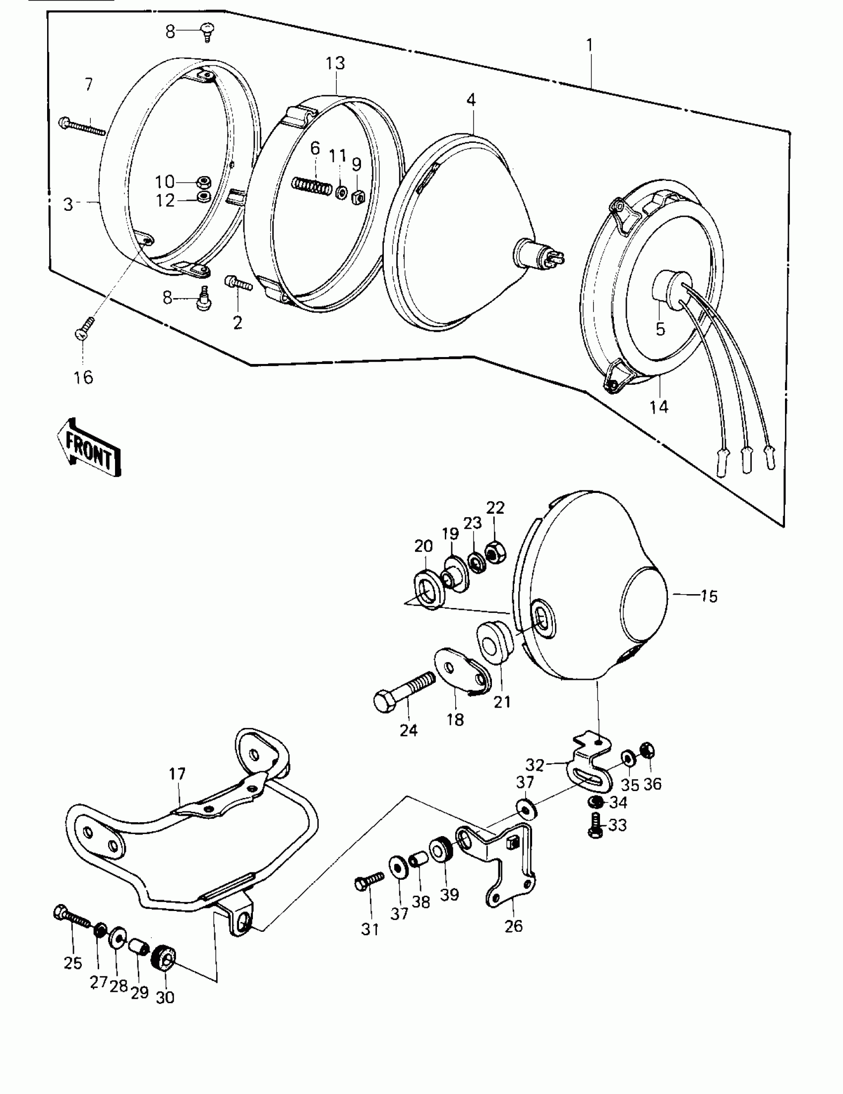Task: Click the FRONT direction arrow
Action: (89, 447)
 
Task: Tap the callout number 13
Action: (335, 63)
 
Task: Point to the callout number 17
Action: (178, 774)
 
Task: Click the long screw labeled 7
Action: (82, 126)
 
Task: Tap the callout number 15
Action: (709, 596)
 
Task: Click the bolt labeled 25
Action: (71, 916)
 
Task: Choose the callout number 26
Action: (513, 926)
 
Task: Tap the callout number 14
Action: (659, 407)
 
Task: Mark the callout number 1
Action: (590, 46)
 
